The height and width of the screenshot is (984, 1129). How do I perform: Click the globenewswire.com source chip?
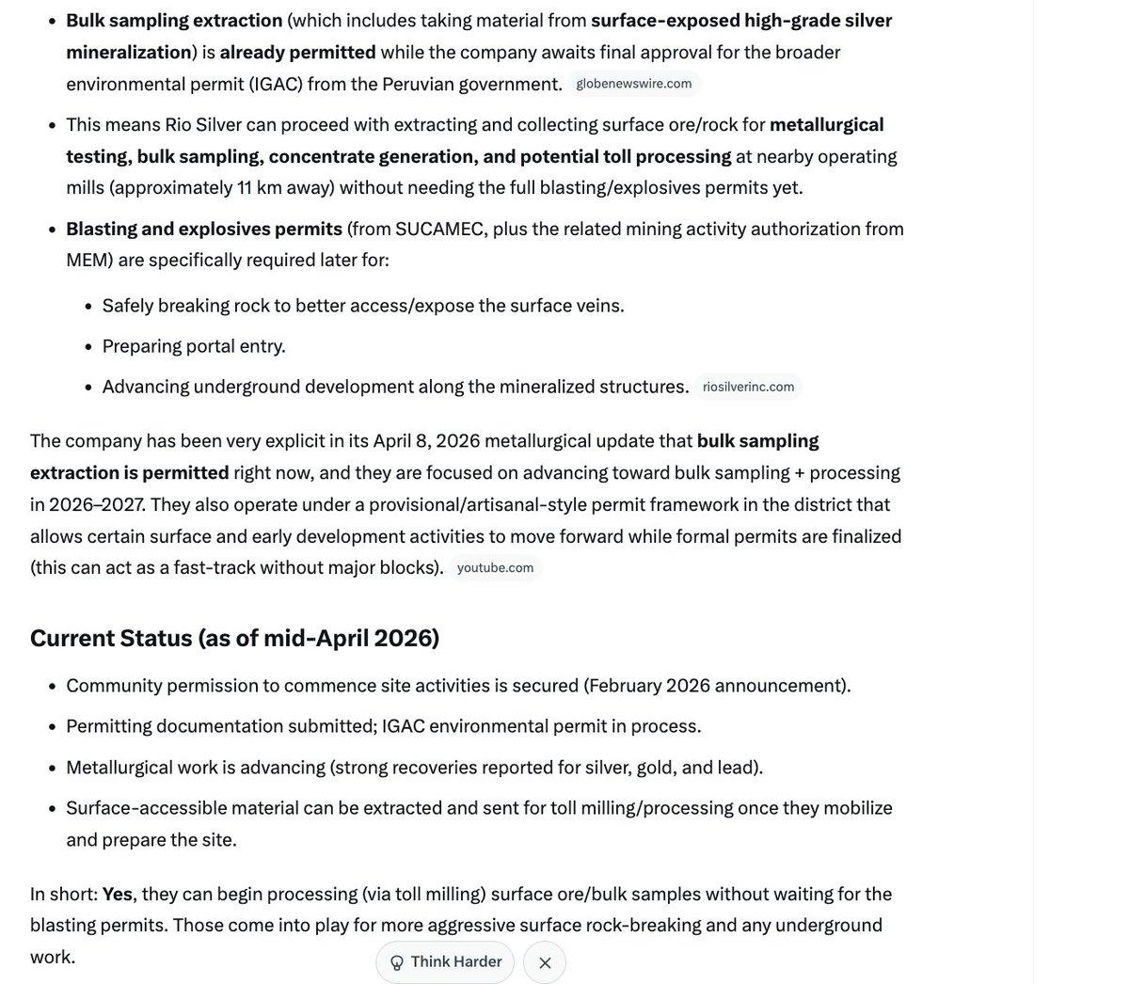point(633,84)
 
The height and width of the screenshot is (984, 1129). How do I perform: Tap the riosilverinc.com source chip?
point(748,387)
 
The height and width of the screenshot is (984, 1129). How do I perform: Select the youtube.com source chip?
point(495,567)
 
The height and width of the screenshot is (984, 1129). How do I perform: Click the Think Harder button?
point(445,961)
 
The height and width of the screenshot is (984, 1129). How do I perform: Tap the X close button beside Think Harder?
point(545,962)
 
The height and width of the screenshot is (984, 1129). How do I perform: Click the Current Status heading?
point(234,638)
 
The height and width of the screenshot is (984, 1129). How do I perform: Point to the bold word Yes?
point(117,894)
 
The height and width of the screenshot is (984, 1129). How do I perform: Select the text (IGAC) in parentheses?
point(275,84)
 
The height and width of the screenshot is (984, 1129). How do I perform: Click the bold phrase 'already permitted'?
point(297,52)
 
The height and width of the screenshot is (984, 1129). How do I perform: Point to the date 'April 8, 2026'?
point(426,440)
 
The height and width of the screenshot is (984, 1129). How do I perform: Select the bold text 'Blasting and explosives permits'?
point(204,229)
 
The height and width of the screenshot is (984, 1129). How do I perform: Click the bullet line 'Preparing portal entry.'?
point(194,346)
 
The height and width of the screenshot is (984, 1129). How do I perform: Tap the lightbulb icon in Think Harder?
point(397,962)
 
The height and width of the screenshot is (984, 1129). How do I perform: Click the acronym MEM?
point(89,260)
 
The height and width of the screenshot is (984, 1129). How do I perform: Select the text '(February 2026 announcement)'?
point(716,685)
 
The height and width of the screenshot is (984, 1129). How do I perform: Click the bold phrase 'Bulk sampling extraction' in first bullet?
point(174,20)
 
